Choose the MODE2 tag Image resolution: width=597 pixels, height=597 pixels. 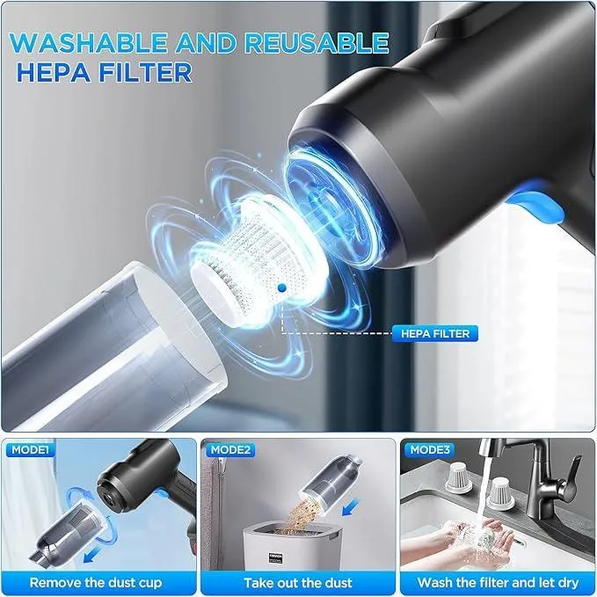[x=231, y=449]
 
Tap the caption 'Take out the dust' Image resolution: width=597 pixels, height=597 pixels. [x=298, y=581]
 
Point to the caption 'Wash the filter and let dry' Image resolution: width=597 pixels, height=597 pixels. [x=497, y=581]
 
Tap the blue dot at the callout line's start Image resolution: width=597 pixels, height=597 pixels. [x=280, y=287]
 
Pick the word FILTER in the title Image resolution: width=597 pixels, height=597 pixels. [x=140, y=72]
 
